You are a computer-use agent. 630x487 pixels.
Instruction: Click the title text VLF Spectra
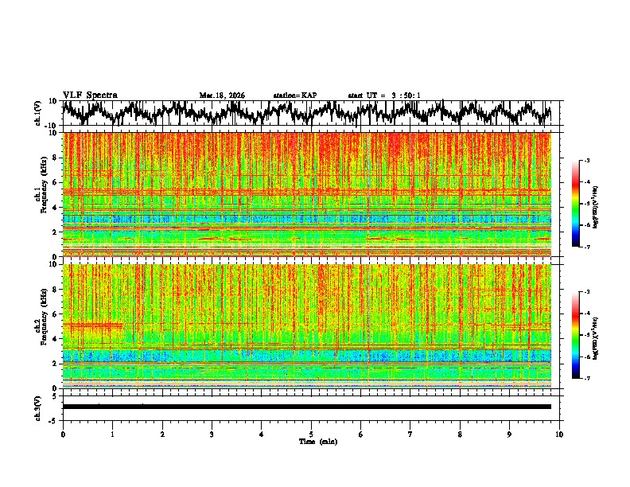(x=90, y=95)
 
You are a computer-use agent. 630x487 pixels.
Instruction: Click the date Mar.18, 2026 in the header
(x=222, y=95)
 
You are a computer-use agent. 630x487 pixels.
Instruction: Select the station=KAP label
(x=294, y=95)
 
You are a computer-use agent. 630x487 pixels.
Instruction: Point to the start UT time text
(x=384, y=95)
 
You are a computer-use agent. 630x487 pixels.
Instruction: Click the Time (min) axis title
(x=312, y=442)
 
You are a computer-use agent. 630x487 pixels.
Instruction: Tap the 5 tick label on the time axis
(x=312, y=434)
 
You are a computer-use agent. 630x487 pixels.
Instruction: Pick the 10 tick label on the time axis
(x=560, y=434)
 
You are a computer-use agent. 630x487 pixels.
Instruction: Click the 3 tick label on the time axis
(x=212, y=434)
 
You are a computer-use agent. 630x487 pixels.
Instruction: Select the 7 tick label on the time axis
(x=410, y=434)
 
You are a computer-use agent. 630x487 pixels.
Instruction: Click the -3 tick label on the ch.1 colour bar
(x=596, y=161)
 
